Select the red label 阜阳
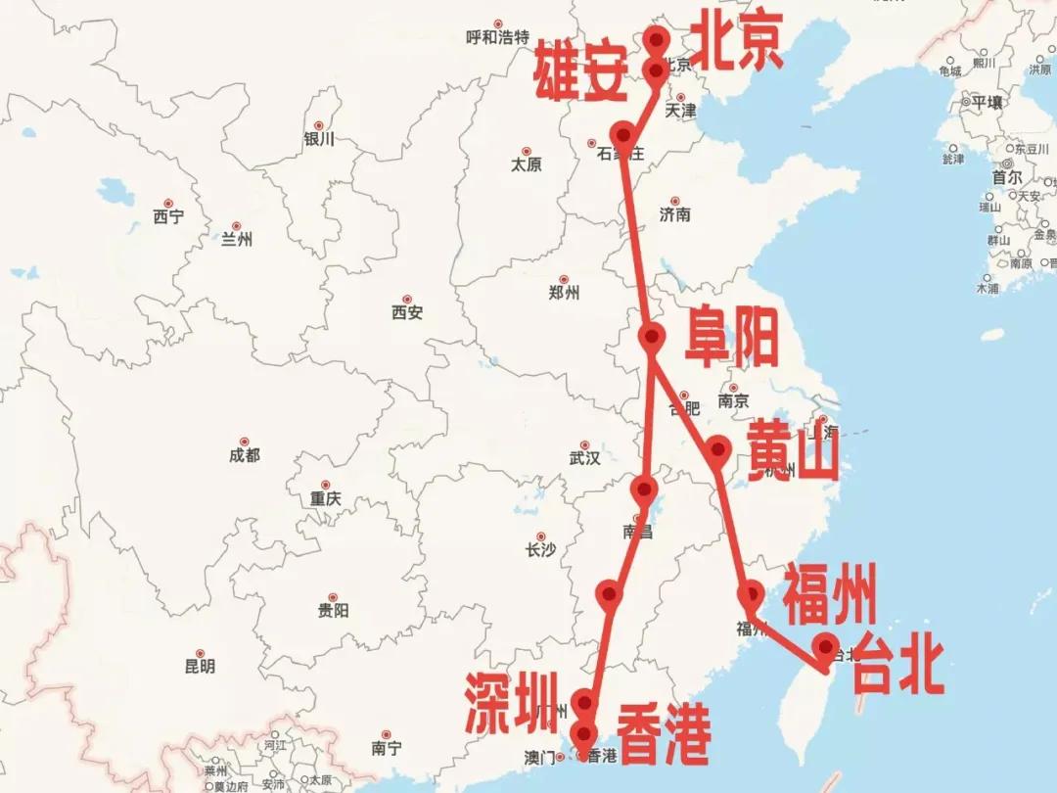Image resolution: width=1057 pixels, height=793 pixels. pos(731,336)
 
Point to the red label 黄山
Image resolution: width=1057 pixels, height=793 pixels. pos(793,451)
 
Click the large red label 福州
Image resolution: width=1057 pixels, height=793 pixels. pos(829,594)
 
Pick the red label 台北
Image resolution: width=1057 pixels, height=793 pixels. pos(896,666)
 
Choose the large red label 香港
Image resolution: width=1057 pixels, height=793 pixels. pos(664,734)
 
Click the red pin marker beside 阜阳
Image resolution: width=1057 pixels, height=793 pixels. pos(652,337)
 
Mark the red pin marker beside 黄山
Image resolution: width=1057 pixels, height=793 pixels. pos(718,449)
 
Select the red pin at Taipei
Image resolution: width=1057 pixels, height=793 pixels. pos(827,647)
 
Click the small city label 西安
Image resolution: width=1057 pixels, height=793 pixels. pos(407,313)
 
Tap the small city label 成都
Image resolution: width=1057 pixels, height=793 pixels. pos(245,455)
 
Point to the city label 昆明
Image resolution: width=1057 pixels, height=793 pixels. pos(200,667)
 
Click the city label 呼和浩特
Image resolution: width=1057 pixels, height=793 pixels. pos(497,38)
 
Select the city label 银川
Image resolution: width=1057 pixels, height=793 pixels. pos(319,139)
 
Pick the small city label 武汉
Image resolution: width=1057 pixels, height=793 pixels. pos(584,458)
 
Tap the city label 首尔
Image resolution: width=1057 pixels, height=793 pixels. pos(1007,178)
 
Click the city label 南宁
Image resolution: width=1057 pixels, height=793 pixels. pos(387,748)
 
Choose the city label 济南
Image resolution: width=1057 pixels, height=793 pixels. pos(675,214)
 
